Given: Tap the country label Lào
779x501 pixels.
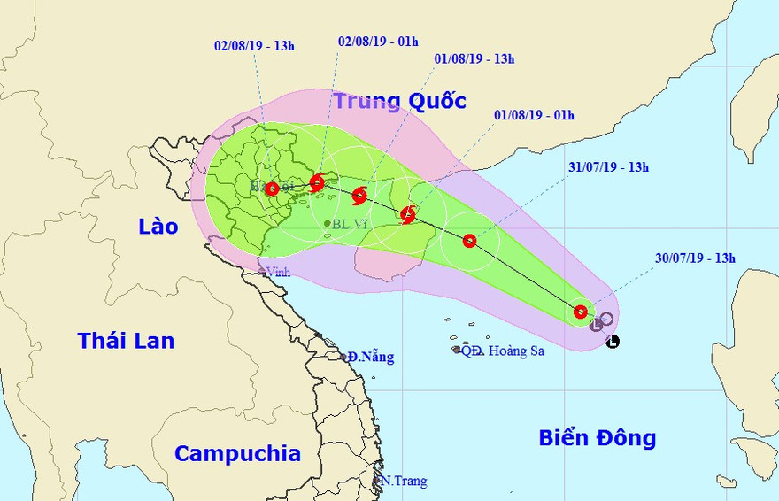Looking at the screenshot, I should (x=158, y=227).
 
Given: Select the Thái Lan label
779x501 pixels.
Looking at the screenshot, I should (x=126, y=341).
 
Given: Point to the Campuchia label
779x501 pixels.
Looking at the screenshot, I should (x=237, y=454).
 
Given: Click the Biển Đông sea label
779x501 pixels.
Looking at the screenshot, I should (x=598, y=437).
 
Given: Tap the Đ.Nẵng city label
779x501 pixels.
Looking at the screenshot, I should (x=370, y=358).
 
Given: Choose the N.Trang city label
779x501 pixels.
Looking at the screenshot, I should (x=404, y=482).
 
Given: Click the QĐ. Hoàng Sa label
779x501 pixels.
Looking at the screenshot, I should (x=502, y=351).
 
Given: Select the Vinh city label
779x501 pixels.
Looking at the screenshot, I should (x=279, y=272).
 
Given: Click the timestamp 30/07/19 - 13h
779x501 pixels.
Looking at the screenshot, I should (x=696, y=258).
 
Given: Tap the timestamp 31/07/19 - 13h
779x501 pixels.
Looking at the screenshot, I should (x=608, y=166).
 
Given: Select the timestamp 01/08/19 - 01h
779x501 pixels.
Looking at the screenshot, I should (x=534, y=115).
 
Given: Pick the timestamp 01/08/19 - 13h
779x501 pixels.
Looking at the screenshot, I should (x=474, y=59).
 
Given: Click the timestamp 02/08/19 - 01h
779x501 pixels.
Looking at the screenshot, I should (x=378, y=41).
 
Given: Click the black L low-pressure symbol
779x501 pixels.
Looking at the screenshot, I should (x=613, y=341).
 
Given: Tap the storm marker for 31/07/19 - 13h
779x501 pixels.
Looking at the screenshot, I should (x=469, y=241).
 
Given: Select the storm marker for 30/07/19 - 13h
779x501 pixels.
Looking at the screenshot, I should (x=580, y=312).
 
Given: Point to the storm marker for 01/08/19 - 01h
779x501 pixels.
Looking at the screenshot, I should (x=408, y=214).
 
